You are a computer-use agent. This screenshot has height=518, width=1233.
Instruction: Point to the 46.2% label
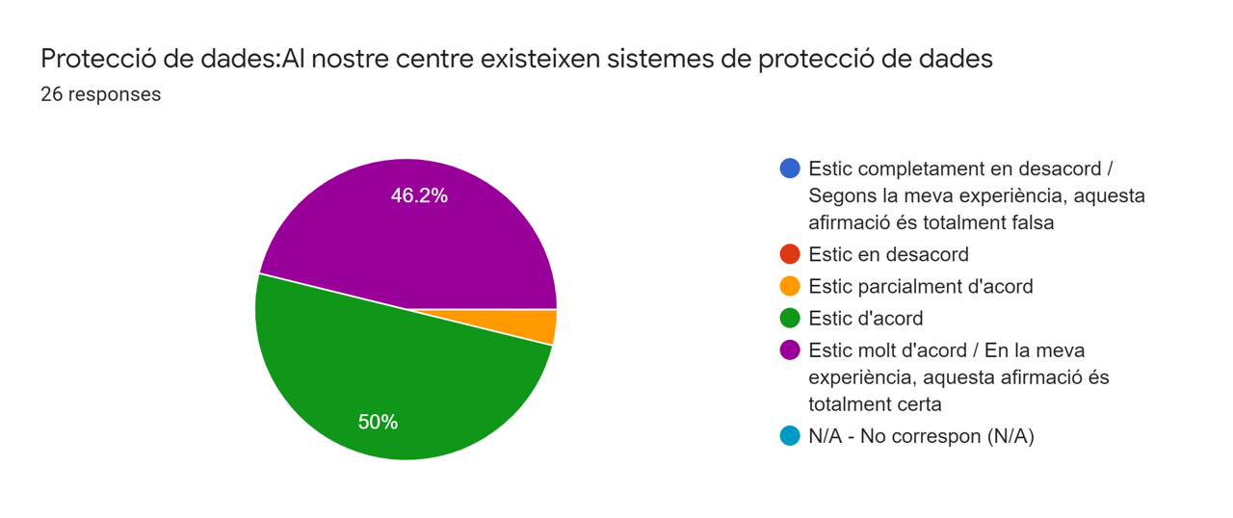(419, 195)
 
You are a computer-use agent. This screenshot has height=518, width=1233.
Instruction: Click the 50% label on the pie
(378, 422)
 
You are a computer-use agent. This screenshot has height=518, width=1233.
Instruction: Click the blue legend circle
(790, 168)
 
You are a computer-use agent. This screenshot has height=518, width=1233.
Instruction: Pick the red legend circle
(790, 254)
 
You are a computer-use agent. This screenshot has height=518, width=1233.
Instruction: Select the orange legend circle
(790, 286)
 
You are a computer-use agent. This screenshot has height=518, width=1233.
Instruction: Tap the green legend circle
(790, 318)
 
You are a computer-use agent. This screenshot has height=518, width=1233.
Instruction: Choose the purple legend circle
(790, 350)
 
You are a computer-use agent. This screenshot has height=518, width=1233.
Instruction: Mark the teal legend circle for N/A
(790, 436)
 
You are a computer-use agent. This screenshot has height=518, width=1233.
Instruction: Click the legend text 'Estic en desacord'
(888, 254)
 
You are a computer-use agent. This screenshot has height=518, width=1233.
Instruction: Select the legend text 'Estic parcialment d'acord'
(920, 286)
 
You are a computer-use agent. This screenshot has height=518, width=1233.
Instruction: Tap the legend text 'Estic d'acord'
(865, 318)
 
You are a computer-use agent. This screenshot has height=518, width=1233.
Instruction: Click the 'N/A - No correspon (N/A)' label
(921, 436)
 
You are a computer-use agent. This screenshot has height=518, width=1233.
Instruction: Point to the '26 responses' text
(100, 94)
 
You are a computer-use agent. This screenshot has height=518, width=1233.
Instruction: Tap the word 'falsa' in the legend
(1029, 222)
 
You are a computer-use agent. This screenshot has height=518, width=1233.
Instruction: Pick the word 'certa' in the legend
(918, 403)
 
